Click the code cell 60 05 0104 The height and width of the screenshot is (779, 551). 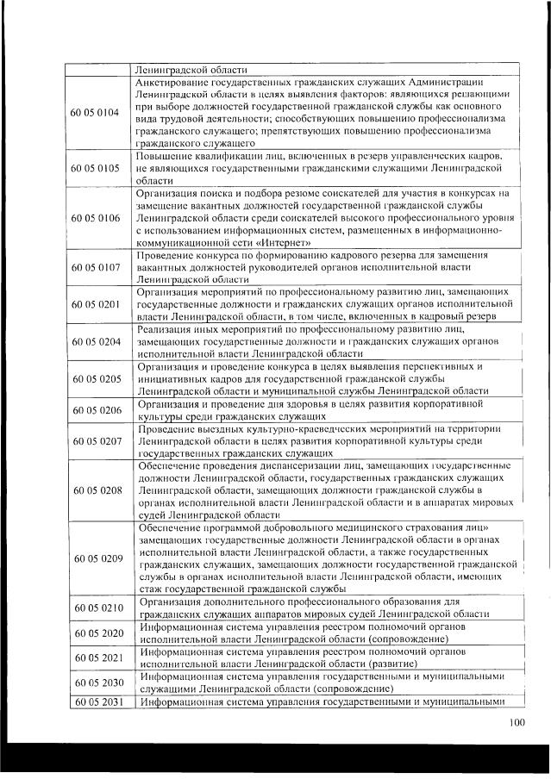point(97,113)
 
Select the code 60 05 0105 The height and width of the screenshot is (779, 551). point(97,168)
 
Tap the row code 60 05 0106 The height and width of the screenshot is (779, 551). point(97,218)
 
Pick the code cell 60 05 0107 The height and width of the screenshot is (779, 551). point(97,268)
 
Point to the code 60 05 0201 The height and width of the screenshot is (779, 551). point(97,304)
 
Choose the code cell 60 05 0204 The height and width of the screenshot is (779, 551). point(97,341)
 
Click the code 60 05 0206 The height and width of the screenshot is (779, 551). point(97,410)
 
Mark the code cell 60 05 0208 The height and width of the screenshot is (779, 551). point(97,489)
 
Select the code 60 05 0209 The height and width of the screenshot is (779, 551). point(97,558)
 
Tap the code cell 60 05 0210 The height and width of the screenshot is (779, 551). point(97,608)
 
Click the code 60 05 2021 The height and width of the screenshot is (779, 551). point(97,657)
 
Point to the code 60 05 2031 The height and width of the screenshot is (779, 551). point(97,701)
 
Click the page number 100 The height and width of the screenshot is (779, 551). point(517,722)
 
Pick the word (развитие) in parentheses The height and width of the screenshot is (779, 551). point(393,664)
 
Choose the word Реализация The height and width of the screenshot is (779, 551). point(167,329)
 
